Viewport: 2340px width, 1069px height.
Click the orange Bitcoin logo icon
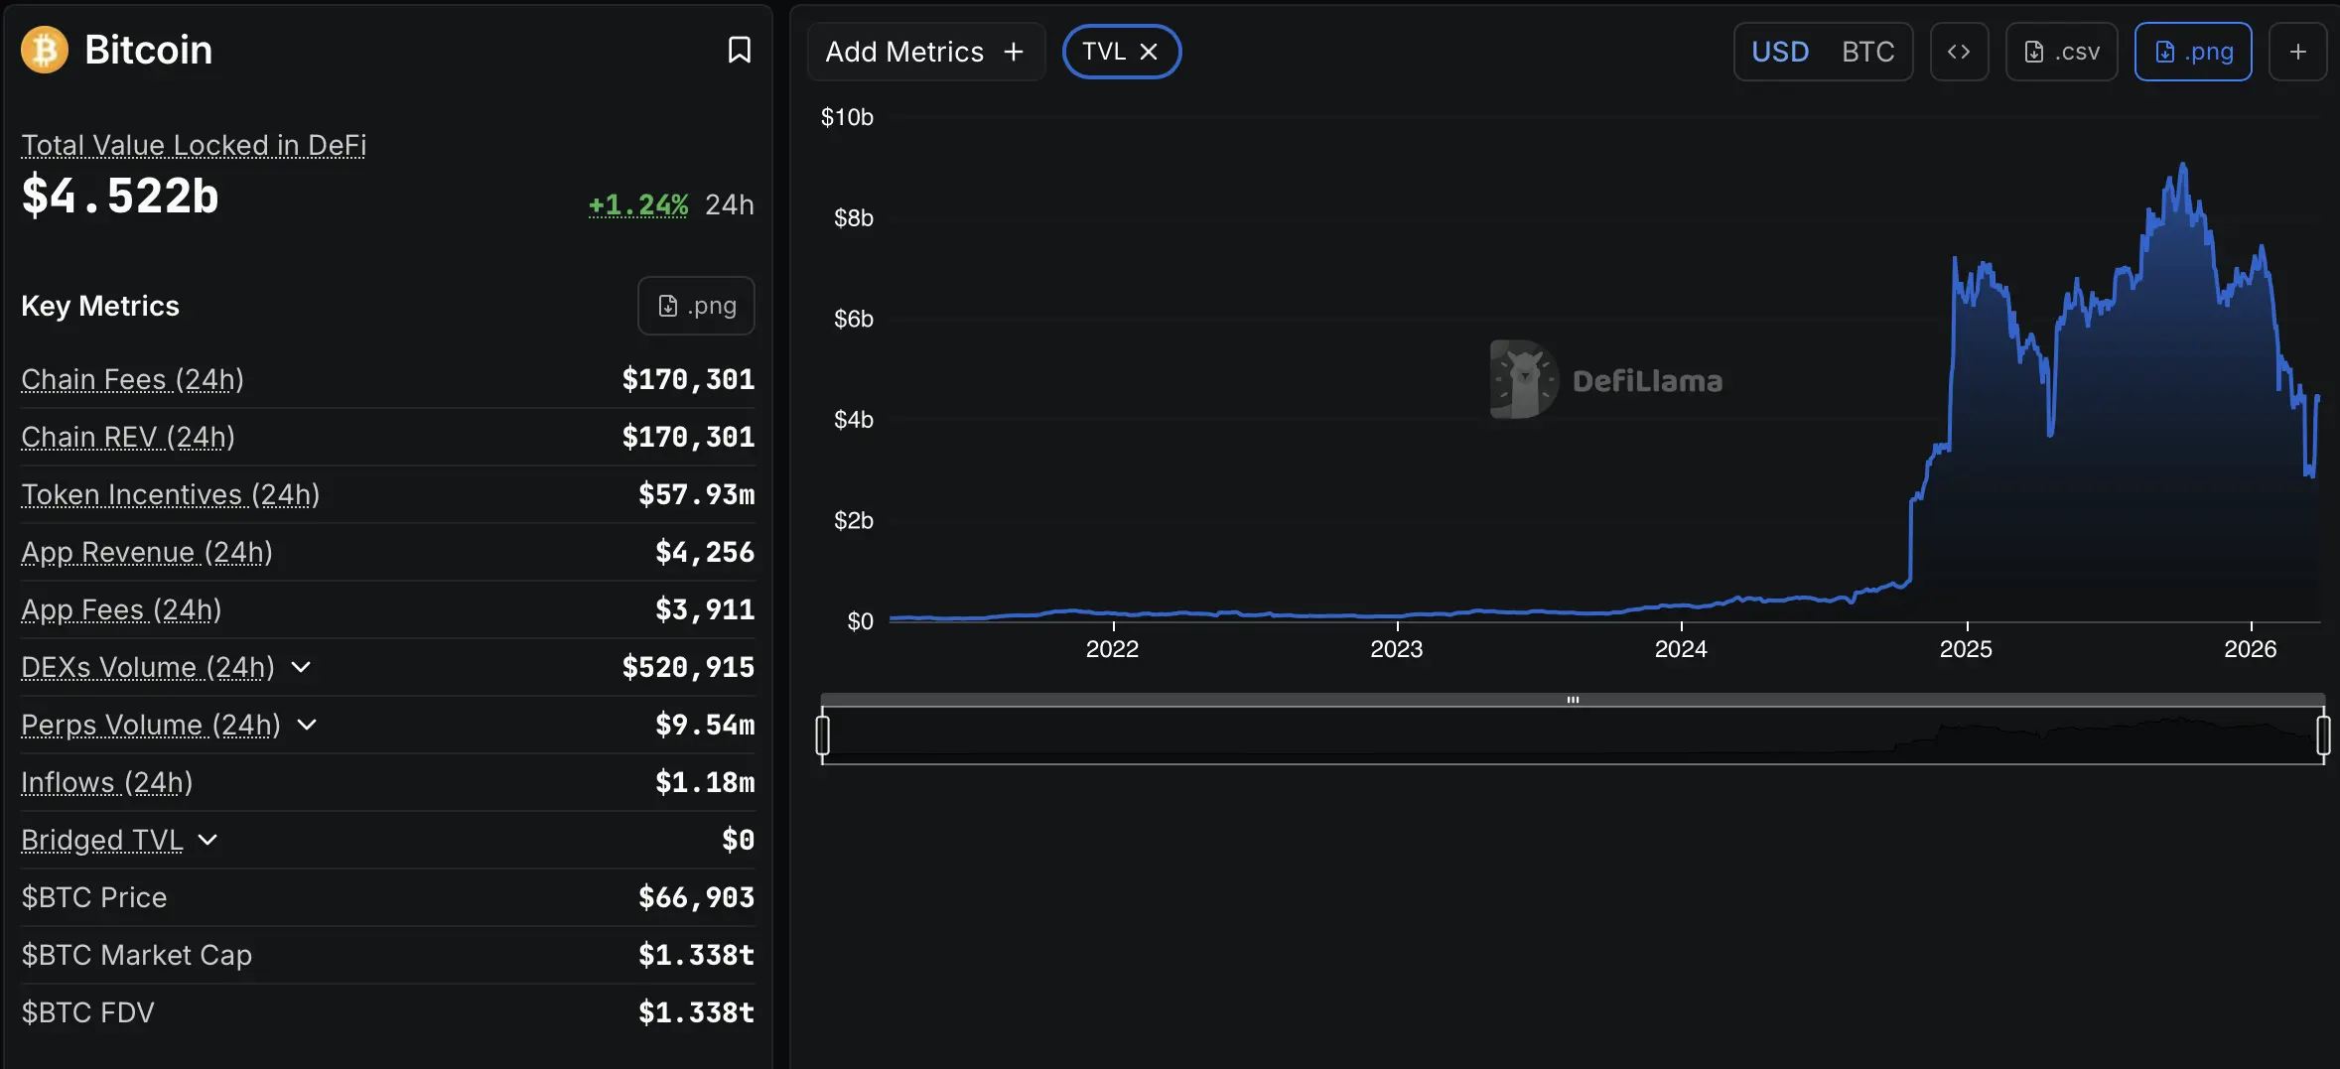click(x=45, y=50)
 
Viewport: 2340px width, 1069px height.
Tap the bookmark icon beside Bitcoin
click(x=739, y=50)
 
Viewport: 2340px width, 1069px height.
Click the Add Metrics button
click(x=924, y=52)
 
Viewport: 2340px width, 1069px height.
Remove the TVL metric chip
click(x=1149, y=52)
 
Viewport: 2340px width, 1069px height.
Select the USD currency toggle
click(x=1779, y=52)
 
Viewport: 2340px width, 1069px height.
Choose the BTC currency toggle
click(x=1867, y=52)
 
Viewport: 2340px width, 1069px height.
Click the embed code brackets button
click(x=1958, y=52)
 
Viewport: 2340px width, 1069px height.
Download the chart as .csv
click(x=2061, y=52)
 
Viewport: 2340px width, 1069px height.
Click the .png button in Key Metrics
click(x=696, y=306)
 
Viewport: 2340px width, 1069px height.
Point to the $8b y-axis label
click(x=853, y=218)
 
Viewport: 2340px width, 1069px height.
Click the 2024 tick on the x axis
click(x=1681, y=649)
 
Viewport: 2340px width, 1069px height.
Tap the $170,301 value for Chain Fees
click(x=688, y=379)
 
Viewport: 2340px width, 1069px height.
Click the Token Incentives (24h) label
click(x=170, y=494)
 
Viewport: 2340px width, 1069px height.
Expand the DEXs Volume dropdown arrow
click(x=301, y=667)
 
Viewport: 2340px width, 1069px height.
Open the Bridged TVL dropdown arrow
click(x=207, y=840)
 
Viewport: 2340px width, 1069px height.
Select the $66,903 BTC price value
click(x=696, y=897)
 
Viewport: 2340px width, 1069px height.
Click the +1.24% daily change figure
click(x=637, y=204)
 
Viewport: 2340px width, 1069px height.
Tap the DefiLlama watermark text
click(x=1647, y=381)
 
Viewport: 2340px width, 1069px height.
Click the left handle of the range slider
click(x=822, y=735)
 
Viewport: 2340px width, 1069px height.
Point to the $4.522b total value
click(x=120, y=196)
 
